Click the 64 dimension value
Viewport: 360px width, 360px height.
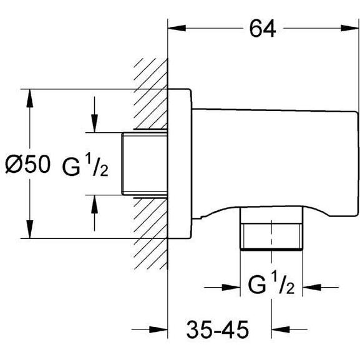[263, 29]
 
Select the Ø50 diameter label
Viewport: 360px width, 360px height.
[27, 164]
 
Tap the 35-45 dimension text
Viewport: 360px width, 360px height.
[217, 329]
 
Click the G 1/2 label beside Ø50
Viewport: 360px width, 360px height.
[85, 165]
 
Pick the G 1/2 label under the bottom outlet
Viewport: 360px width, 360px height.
[271, 283]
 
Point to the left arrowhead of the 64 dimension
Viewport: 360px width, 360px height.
[177, 28]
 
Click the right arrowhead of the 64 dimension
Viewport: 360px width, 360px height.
[349, 28]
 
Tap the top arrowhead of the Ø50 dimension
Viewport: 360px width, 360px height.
[29, 98]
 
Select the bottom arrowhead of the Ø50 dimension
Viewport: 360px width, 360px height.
[29, 230]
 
